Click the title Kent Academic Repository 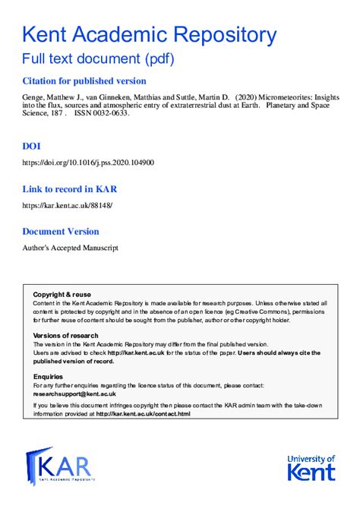point(148,34)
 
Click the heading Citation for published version point(84,81)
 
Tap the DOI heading point(32,145)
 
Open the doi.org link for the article point(88,163)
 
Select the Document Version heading point(61,232)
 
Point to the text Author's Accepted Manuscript point(70,248)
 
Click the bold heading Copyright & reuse point(62,294)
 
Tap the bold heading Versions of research point(66,335)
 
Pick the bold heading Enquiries point(49,376)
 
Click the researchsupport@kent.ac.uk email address point(74,394)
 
